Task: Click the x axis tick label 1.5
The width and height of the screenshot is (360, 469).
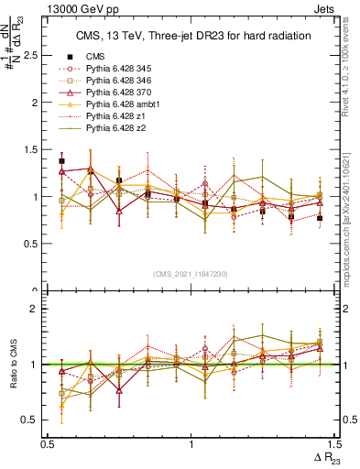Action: tap(335, 443)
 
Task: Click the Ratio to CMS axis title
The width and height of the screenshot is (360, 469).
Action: tap(12, 365)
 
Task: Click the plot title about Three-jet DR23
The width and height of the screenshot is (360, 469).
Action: tap(191, 37)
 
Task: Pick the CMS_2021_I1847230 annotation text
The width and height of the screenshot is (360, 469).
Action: tap(191, 274)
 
